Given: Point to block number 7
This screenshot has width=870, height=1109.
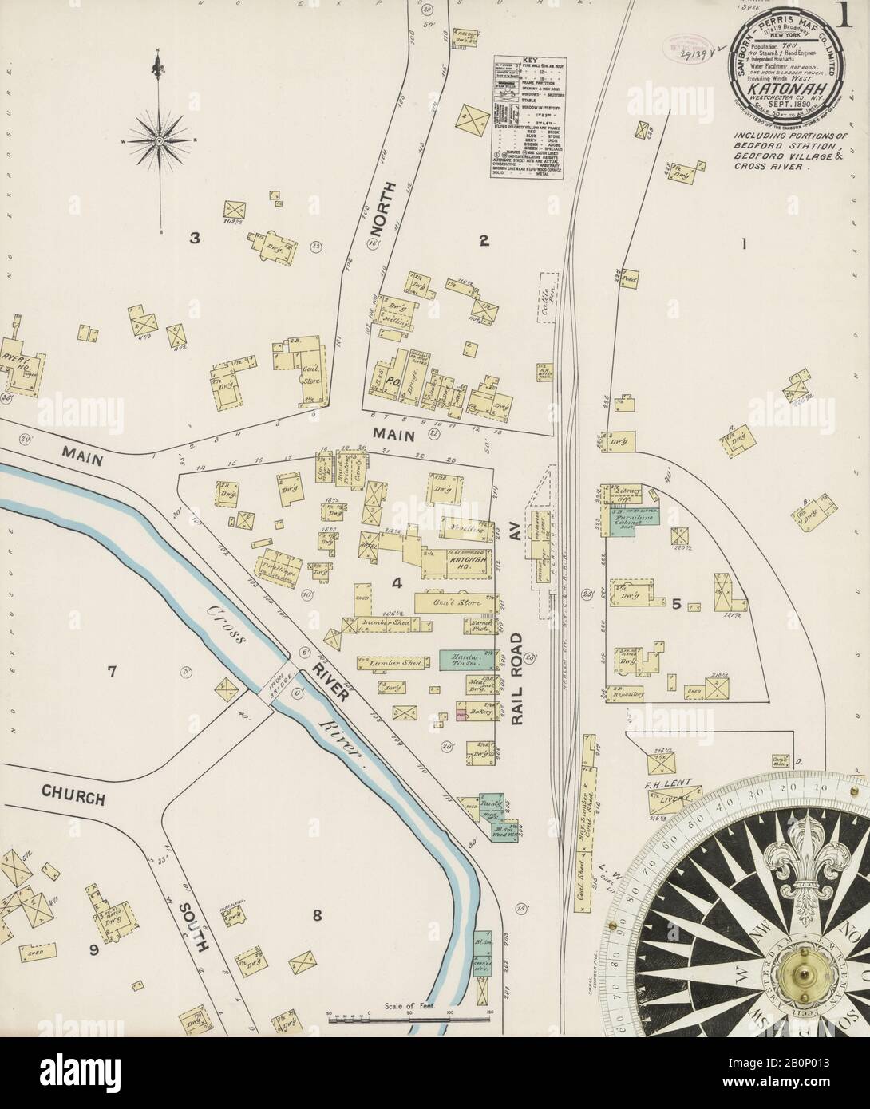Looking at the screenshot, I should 113,672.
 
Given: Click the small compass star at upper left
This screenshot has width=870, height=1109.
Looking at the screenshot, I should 159,140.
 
